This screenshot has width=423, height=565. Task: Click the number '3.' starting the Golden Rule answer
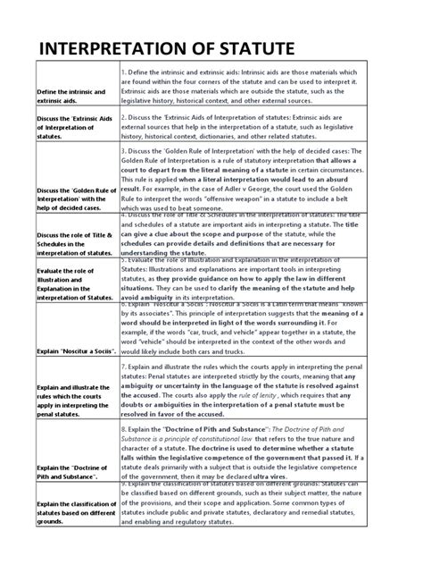[125, 152]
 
